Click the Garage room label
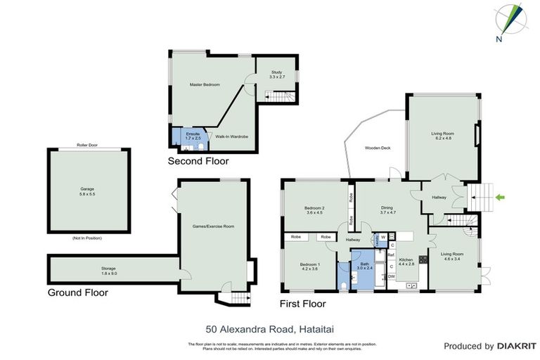(x=87, y=191)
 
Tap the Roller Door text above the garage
(x=87, y=145)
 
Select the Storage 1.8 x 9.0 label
(x=108, y=269)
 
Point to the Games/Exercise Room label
(x=213, y=226)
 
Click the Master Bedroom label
(x=205, y=84)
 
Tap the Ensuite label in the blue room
(x=193, y=136)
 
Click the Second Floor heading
(x=198, y=161)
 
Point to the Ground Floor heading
(x=77, y=292)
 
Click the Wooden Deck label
(x=378, y=148)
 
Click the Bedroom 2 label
(x=314, y=210)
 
